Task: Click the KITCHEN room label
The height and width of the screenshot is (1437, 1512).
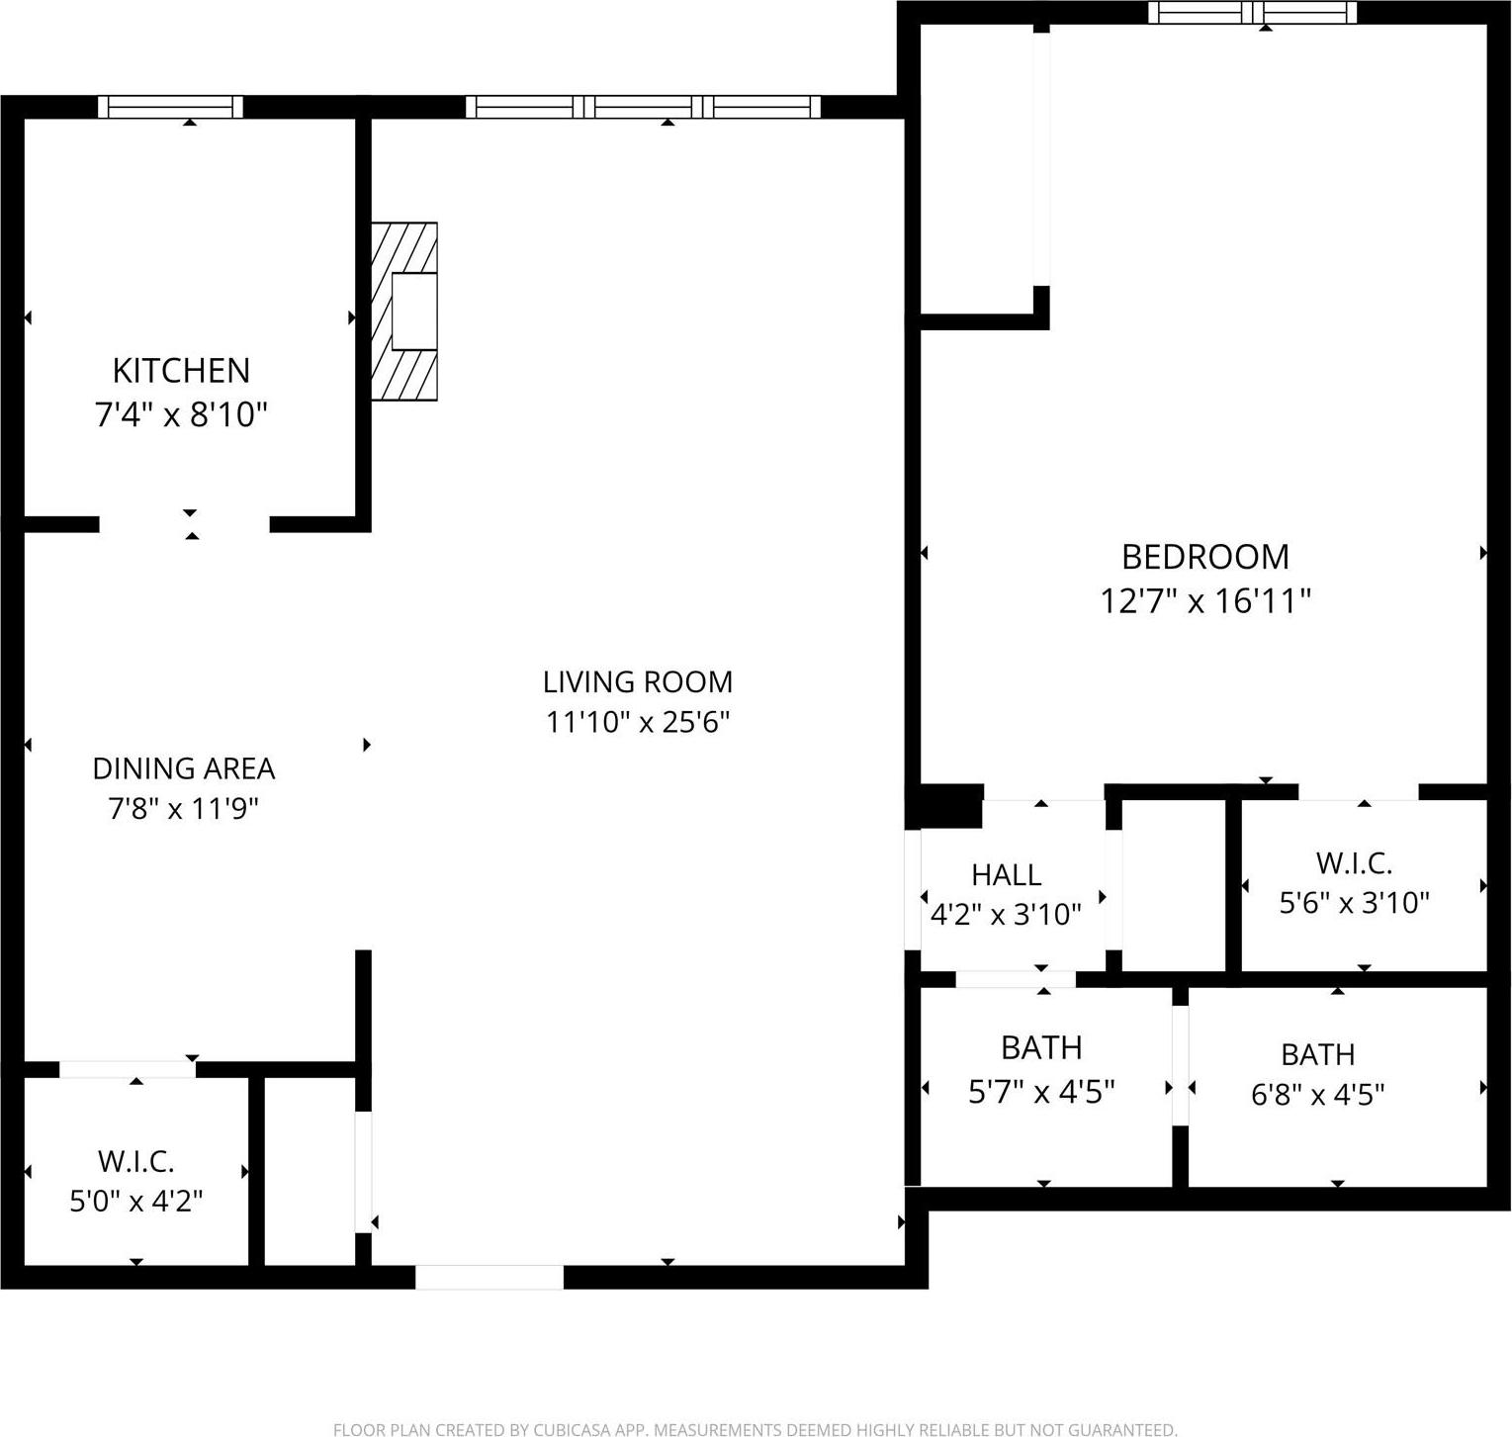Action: point(181,370)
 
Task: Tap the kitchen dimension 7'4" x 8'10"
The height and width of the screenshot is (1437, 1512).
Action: point(181,413)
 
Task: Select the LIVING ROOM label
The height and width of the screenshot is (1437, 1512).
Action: point(638,681)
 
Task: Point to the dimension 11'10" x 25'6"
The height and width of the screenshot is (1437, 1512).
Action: point(638,722)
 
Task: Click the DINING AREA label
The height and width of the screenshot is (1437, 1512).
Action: point(183,767)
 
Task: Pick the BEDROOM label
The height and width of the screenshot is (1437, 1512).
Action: point(1204,557)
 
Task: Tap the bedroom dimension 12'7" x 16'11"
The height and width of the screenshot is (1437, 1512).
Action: point(1204,600)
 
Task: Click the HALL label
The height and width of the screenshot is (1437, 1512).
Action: point(1006,874)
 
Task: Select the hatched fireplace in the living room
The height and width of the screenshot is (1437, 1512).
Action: point(404,312)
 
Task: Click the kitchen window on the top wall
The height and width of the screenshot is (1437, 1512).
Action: point(170,107)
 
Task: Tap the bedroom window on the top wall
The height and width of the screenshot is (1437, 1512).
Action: point(1252,13)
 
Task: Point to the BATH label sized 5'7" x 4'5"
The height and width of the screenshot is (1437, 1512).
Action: point(1041,1047)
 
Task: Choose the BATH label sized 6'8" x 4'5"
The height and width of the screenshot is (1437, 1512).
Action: point(1317,1054)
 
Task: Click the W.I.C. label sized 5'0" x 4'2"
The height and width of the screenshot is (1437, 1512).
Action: point(135,1160)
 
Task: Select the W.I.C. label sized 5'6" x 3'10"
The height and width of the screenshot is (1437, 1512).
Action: point(1354,862)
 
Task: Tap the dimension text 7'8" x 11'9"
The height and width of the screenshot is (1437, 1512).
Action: point(183,809)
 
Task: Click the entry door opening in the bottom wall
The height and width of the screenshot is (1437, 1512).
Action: point(489,1277)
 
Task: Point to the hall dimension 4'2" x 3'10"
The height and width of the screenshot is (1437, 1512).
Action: point(1006,914)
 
